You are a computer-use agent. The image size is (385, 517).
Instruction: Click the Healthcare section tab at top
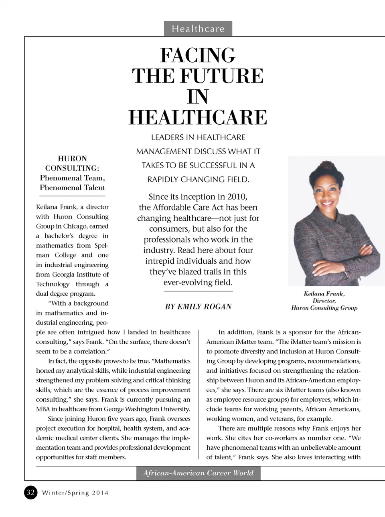pos(198,29)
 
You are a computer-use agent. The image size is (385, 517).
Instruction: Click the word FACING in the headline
pos(198,55)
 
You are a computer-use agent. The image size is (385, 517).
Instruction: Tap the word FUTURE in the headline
pos(221,76)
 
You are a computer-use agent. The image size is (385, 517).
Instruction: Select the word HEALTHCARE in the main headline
pos(198,117)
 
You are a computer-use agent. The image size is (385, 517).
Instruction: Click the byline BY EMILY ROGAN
pos(198,307)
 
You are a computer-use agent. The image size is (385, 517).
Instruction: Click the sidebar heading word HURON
pos(72,158)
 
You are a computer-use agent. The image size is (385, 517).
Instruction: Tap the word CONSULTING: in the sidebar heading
pos(72,168)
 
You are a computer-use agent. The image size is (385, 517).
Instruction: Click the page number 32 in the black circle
pos(31,492)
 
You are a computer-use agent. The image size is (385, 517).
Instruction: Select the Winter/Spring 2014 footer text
pos(75,493)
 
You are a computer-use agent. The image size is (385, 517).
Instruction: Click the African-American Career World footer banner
pos(198,473)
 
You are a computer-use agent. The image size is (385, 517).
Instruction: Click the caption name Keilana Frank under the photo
pos(323,294)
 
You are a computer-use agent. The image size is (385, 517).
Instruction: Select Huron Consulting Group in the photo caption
pos(324,308)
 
